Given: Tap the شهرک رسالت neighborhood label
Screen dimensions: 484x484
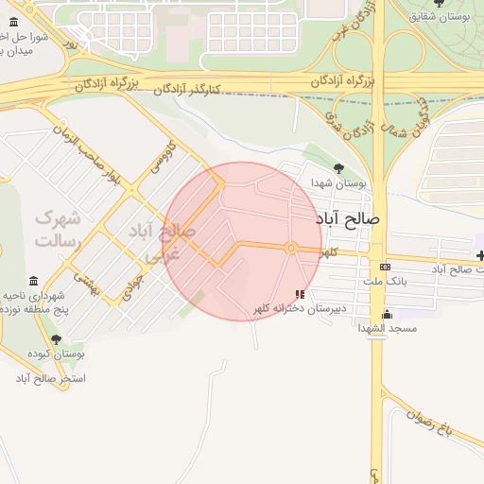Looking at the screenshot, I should [58, 229].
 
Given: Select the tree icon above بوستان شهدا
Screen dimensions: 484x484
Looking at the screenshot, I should [338, 168].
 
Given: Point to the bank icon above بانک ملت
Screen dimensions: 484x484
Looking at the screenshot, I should [384, 268].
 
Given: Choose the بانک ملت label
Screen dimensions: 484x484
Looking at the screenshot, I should [384, 282].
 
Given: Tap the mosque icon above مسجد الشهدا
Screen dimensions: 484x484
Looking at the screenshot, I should [386, 314].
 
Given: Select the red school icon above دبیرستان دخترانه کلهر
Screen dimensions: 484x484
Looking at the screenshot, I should [301, 294].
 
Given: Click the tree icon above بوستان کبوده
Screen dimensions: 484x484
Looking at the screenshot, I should [56, 339].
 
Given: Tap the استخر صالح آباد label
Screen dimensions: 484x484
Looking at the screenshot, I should [50, 378].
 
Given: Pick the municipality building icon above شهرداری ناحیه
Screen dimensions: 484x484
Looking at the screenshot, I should [34, 282].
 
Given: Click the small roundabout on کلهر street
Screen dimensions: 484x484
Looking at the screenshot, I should [292, 248].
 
